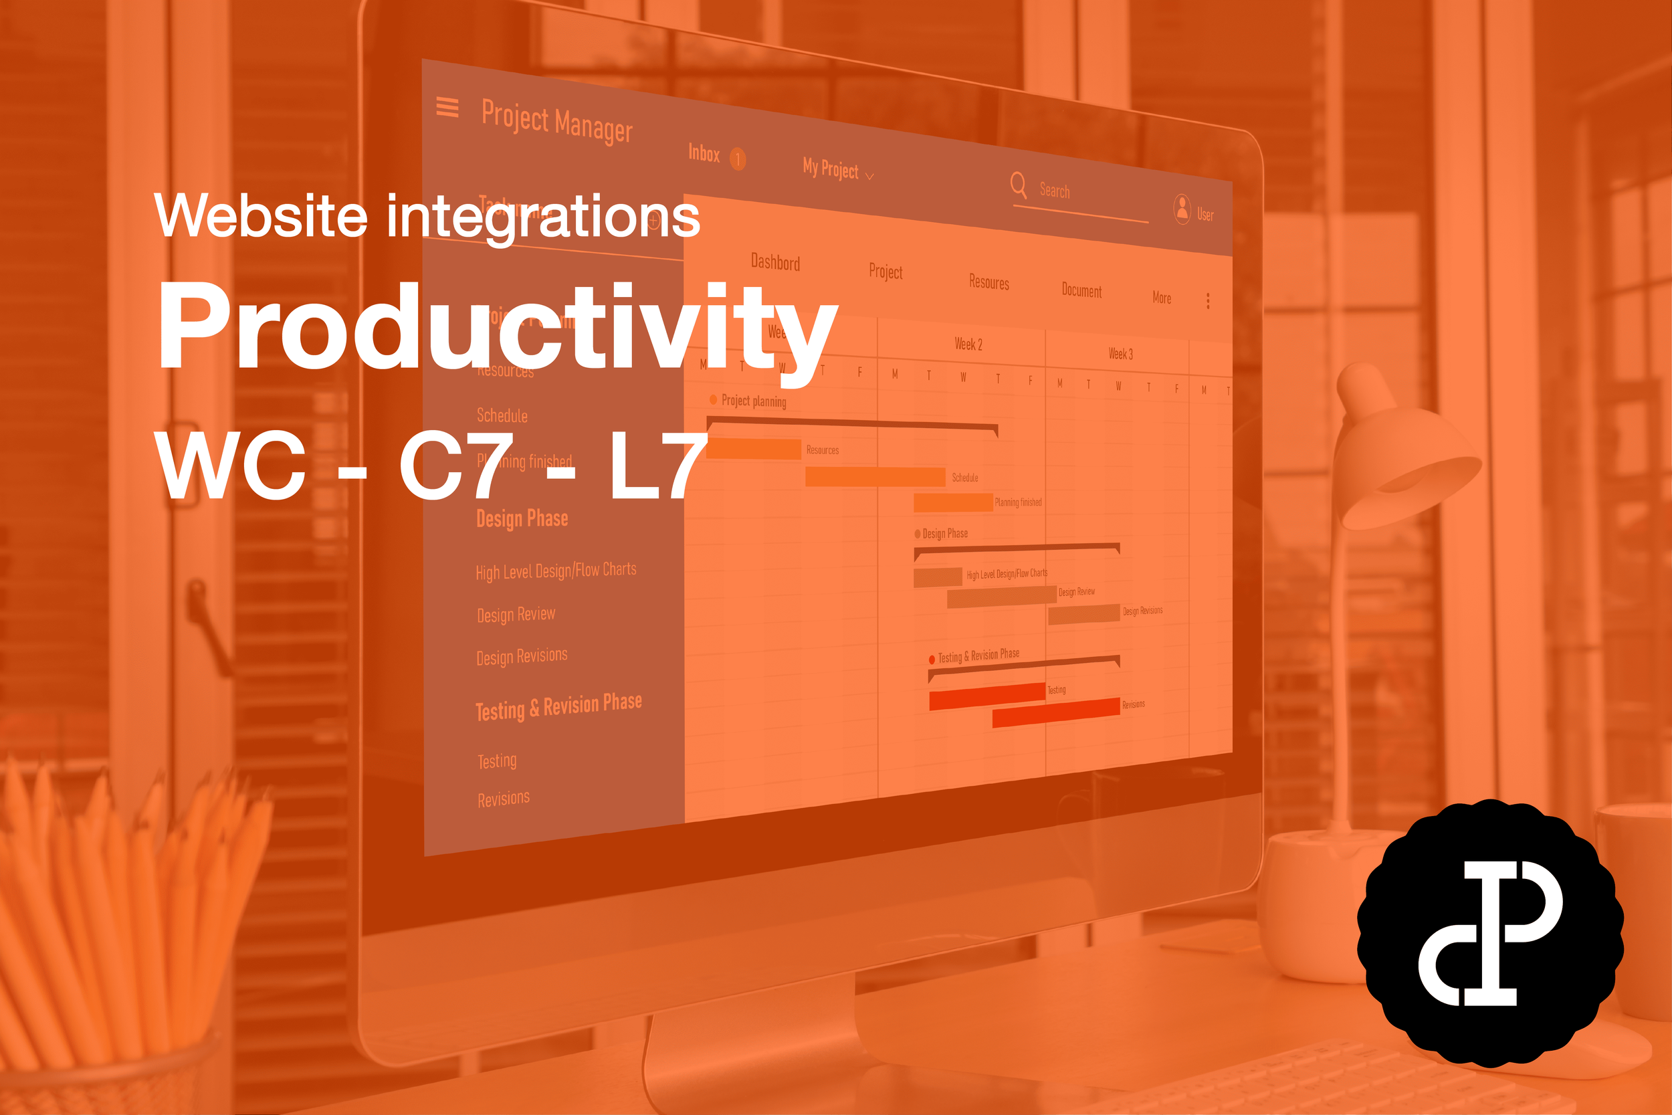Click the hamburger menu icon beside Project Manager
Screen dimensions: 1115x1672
click(447, 108)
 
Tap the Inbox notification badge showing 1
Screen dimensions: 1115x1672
click(738, 159)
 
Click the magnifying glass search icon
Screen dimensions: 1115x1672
click(1018, 185)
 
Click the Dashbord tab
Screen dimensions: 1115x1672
click(775, 262)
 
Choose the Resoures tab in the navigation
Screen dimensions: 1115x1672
click(989, 282)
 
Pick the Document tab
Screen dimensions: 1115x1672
click(1081, 290)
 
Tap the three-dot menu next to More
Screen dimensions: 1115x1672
click(1208, 301)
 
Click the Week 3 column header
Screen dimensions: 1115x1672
click(1120, 353)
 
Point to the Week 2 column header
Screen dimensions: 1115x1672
click(968, 344)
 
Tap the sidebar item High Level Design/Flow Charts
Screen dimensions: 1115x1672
click(556, 571)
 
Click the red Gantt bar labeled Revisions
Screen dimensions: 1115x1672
click(1055, 712)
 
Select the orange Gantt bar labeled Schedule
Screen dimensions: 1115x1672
click(874, 477)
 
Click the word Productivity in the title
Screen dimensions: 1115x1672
click(498, 327)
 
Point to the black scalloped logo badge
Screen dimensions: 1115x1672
click(1490, 934)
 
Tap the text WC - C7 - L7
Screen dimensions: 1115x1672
click(431, 466)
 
